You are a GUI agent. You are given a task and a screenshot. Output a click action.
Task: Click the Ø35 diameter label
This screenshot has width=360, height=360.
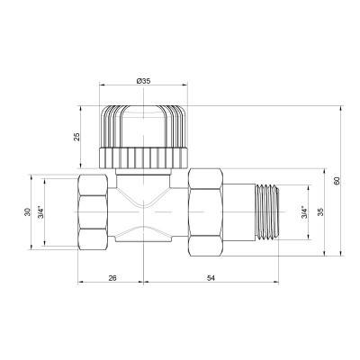143,81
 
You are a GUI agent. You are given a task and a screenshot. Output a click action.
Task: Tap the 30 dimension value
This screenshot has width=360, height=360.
28,212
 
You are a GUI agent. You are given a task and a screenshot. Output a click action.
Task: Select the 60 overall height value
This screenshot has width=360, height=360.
337,180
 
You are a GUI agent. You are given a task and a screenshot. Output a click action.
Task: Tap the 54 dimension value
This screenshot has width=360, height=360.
211,279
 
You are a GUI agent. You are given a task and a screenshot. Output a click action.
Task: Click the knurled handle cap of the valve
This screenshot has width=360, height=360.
144,121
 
